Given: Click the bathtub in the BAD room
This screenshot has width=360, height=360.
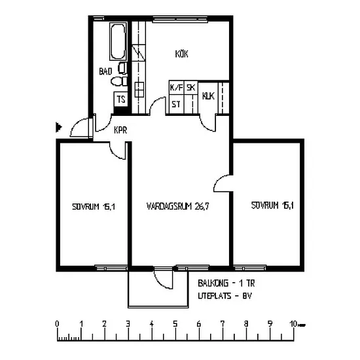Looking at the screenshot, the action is (118, 41).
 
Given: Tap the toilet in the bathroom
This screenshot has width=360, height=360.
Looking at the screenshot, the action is (119, 81).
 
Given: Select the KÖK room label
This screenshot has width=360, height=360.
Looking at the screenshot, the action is (181, 54).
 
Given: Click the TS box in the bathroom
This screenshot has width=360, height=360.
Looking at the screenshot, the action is (121, 99).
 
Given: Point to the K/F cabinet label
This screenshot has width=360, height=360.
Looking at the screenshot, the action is (176, 88).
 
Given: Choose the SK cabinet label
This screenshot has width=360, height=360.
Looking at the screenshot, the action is (190, 88).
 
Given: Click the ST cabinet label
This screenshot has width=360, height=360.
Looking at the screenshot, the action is (176, 105).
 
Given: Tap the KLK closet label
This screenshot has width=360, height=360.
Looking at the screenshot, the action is (208, 96).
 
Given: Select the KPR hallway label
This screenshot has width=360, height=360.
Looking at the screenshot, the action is (120, 130).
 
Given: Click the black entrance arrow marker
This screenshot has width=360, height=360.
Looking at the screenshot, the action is (59, 127).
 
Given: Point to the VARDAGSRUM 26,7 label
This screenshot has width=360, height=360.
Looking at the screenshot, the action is (177, 206).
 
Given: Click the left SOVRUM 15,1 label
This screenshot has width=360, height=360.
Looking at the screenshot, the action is (94, 207).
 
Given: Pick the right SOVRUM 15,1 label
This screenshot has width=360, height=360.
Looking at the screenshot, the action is (272, 206).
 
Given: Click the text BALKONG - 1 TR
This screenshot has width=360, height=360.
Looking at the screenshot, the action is (226, 283).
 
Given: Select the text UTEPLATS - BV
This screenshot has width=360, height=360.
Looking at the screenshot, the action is (225, 296).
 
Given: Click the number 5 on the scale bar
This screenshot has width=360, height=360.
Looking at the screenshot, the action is (175, 324).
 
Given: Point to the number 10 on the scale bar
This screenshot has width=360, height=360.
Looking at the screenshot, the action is (293, 324).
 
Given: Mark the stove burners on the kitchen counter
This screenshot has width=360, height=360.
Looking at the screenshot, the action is (139, 90).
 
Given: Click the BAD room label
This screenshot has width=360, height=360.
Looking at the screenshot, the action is (105, 71).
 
